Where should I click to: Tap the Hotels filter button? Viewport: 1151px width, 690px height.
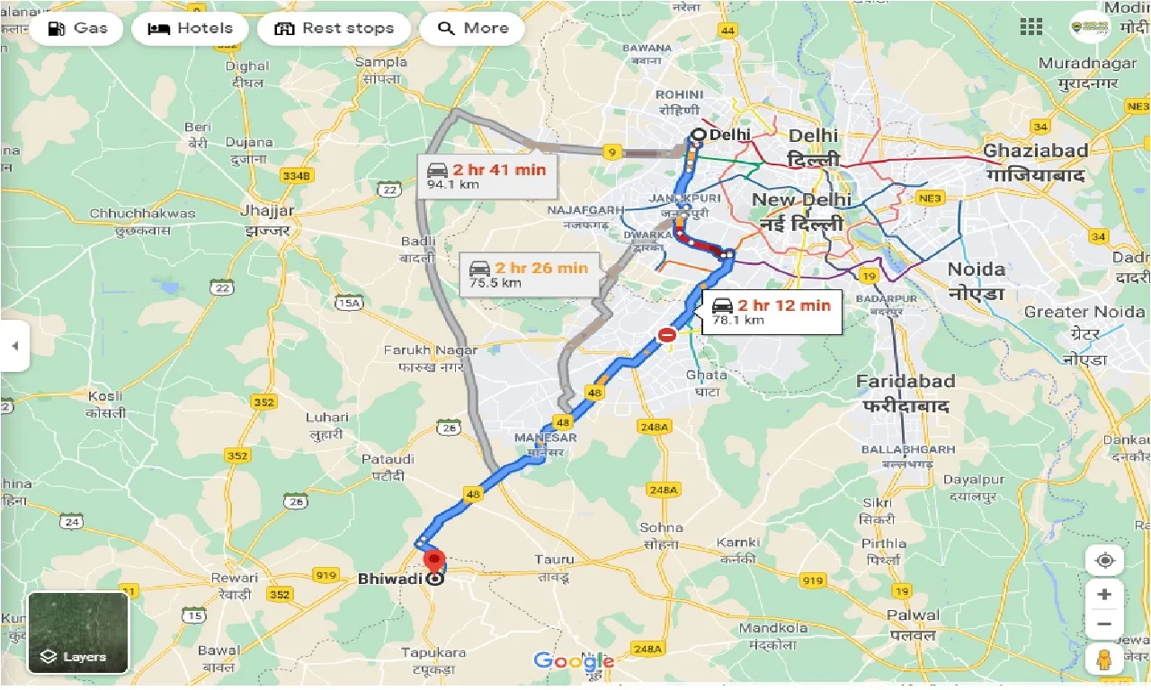click(189, 28)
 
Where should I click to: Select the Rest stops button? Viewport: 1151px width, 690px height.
click(334, 28)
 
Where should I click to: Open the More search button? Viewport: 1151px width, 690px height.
click(472, 28)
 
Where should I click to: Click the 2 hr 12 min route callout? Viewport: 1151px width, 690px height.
click(771, 312)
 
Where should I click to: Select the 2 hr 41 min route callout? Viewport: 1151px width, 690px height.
click(486, 176)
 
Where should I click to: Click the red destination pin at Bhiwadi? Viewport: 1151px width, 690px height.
click(435, 563)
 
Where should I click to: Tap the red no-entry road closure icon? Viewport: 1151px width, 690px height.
click(667, 335)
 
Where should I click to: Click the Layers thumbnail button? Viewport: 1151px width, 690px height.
click(78, 632)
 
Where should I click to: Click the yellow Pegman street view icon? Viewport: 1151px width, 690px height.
click(1104, 658)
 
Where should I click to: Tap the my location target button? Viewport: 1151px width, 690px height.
click(1104, 562)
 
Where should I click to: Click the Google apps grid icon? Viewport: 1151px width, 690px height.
click(1031, 27)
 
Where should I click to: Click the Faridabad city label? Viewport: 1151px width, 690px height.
click(905, 393)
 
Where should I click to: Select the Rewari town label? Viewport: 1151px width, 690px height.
click(235, 585)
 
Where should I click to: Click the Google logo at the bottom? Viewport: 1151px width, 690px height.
click(573, 662)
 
